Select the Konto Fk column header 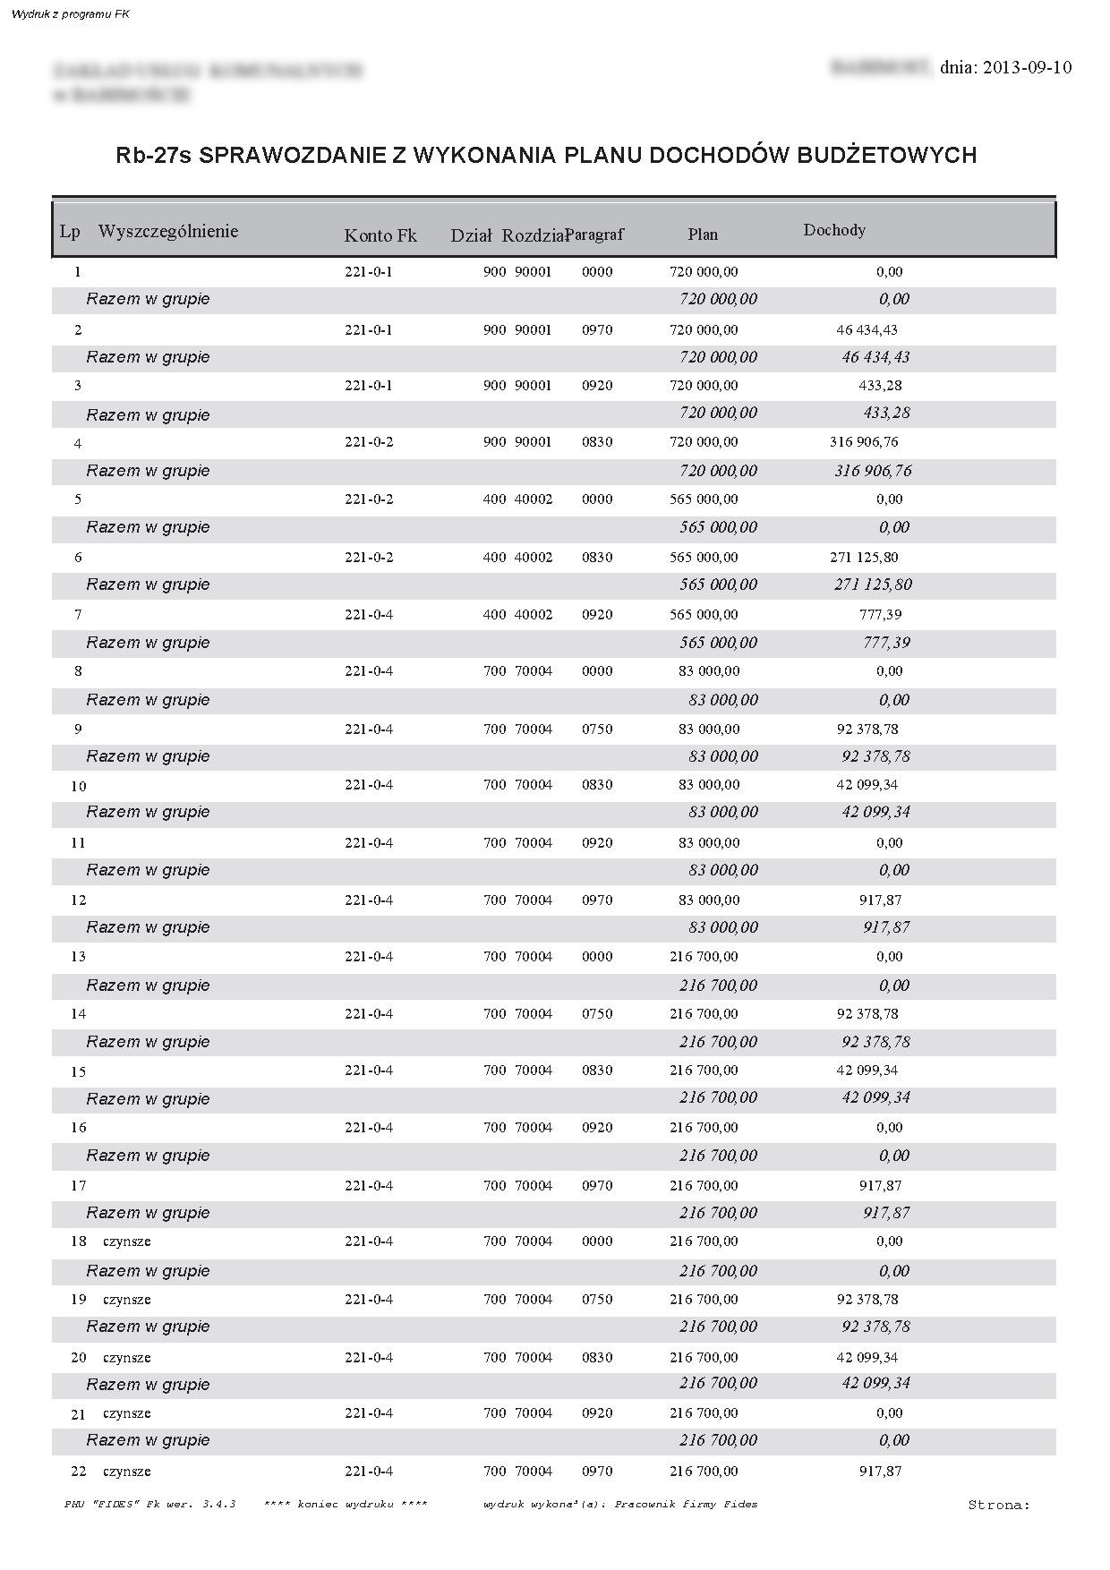tap(380, 235)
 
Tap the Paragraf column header tap(596, 235)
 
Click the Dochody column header tap(834, 230)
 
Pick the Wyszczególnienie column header tap(168, 231)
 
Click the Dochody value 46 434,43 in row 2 tap(867, 329)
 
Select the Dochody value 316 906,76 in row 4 tap(864, 441)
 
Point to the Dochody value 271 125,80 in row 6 tap(864, 557)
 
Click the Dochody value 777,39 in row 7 tap(880, 614)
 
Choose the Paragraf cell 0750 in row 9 tap(597, 729)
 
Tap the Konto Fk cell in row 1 tap(369, 271)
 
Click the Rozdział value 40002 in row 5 tap(534, 499)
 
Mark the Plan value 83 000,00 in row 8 tap(709, 670)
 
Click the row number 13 tap(79, 956)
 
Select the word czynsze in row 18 tap(127, 1241)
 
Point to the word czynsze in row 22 tap(127, 1471)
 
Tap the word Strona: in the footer tap(999, 1505)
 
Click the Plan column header tap(703, 235)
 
